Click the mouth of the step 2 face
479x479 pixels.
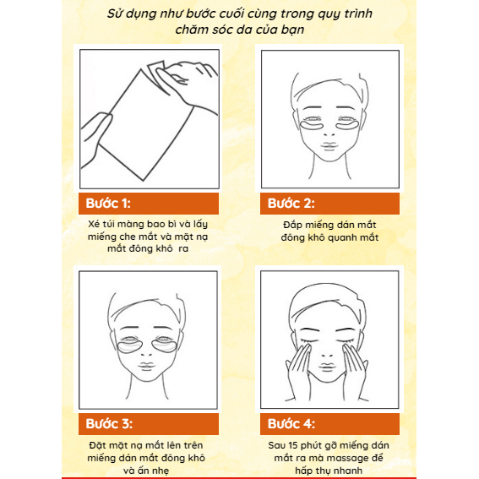[330, 153]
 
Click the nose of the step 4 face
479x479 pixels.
[330, 354]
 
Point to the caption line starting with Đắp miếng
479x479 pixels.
[330, 226]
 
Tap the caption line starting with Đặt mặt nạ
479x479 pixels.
[148, 445]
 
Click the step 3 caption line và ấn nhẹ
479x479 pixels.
[148, 471]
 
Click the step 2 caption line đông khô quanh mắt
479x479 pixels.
[330, 238]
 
